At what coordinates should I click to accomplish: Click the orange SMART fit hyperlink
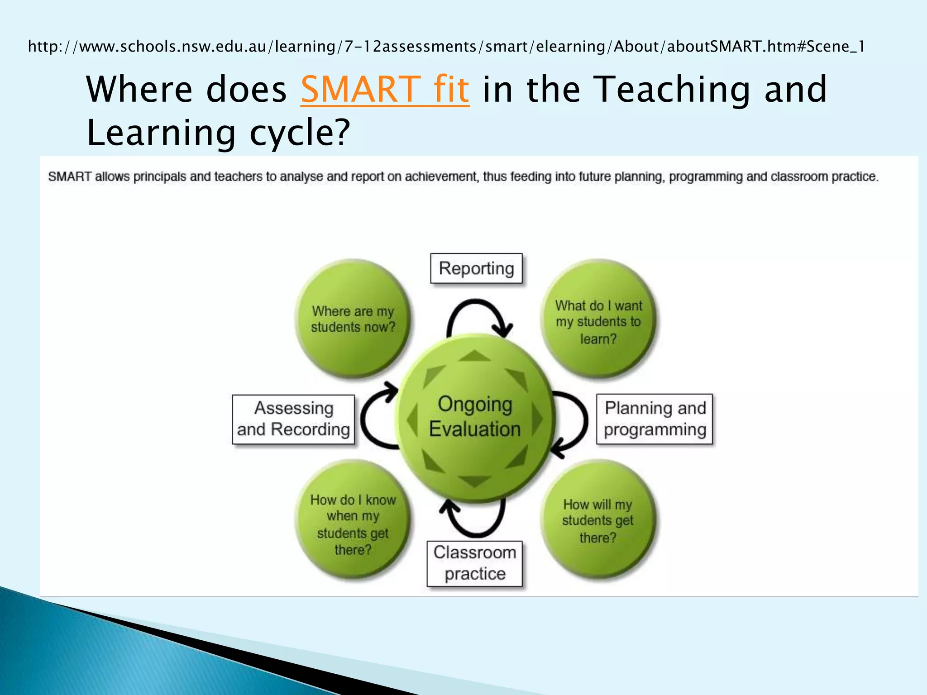pyautogui.click(x=385, y=89)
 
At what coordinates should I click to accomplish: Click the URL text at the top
pyautogui.click(x=446, y=47)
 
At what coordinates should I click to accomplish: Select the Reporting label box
pyautogui.click(x=476, y=268)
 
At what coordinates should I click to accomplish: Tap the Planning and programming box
pyautogui.click(x=655, y=419)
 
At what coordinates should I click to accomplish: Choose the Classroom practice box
pyautogui.click(x=474, y=563)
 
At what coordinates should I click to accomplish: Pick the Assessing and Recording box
pyautogui.click(x=293, y=419)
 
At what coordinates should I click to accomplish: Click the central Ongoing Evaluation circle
pyautogui.click(x=475, y=417)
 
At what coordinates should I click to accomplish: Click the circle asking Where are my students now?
pyautogui.click(x=353, y=319)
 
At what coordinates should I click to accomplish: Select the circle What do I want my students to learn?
pyautogui.click(x=598, y=319)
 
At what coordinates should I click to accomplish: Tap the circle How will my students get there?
pyautogui.click(x=598, y=519)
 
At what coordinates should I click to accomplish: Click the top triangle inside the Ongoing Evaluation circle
pyautogui.click(x=474, y=357)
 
